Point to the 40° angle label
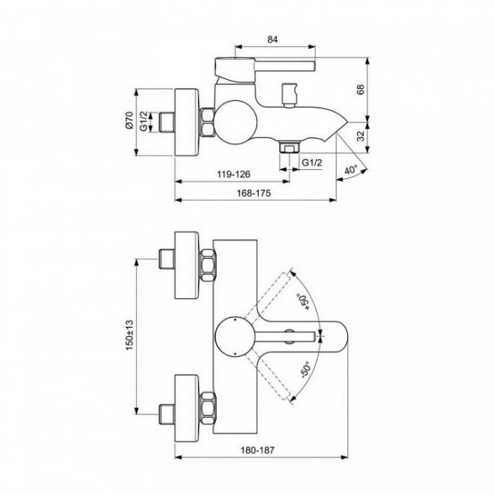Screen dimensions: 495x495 tap(350, 171)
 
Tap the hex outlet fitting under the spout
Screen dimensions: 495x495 tap(289, 147)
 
